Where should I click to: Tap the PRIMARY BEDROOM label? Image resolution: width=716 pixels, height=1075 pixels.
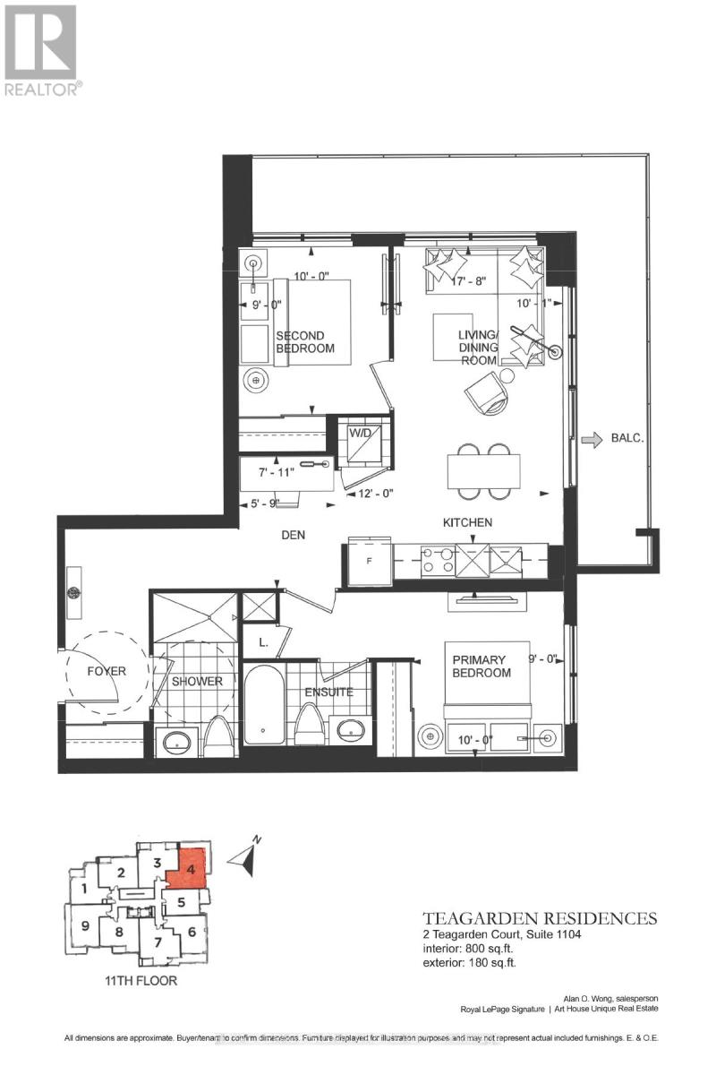click(x=481, y=666)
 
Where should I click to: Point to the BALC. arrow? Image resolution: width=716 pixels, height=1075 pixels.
click(x=592, y=440)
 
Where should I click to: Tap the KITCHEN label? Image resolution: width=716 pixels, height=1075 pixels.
click(x=466, y=521)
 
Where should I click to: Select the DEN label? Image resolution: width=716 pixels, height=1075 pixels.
click(x=293, y=535)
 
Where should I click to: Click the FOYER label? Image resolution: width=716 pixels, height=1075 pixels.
click(x=106, y=670)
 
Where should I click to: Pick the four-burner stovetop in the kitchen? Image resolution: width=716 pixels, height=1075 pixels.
click(x=439, y=561)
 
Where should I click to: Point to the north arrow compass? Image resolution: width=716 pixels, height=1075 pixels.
click(x=244, y=856)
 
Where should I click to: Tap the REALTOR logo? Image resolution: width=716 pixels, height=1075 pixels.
click(x=43, y=49)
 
